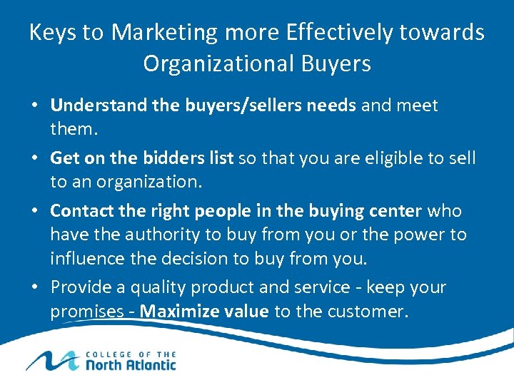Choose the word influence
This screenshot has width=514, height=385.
tap(84, 258)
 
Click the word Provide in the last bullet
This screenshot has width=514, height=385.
tap(77, 287)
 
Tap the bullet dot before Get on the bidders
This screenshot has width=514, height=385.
tap(35, 158)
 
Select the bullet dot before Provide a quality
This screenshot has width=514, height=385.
tap(35, 287)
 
